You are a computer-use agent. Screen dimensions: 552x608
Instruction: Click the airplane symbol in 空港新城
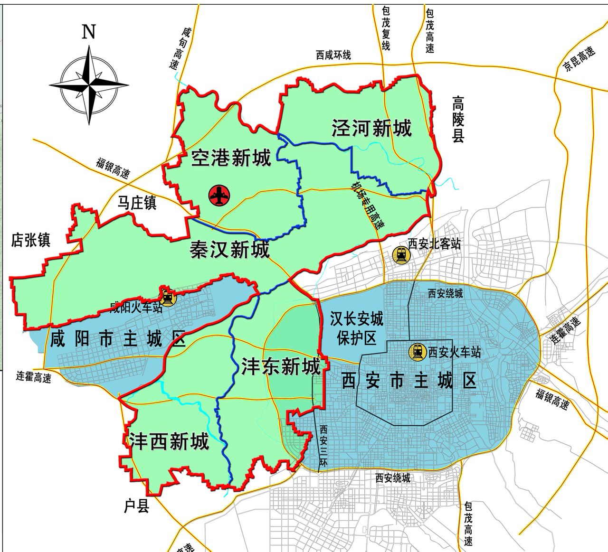tap(219, 195)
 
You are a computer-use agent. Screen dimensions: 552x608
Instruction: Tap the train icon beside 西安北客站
tap(401, 255)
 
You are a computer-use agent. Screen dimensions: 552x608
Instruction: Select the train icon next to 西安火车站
tap(418, 352)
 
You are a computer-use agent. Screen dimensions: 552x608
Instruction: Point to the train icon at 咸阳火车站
tap(167, 297)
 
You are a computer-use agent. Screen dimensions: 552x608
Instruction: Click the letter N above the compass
tap(89, 32)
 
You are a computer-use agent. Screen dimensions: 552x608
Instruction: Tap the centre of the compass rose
tap(89, 85)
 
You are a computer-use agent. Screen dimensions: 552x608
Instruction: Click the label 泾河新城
tap(371, 128)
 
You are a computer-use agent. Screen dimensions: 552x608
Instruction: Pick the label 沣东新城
tap(281, 366)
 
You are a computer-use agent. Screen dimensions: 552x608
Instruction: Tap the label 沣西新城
tap(169, 441)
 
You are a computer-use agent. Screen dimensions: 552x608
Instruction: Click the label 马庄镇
tap(137, 203)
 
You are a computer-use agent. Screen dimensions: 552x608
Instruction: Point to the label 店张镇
tap(31, 240)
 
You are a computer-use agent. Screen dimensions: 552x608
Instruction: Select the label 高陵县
tap(458, 120)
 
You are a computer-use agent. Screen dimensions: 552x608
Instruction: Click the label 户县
tap(137, 506)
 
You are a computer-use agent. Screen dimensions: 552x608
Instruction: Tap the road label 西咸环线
tap(333, 55)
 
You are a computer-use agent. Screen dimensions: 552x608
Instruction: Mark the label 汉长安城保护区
tap(357, 328)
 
